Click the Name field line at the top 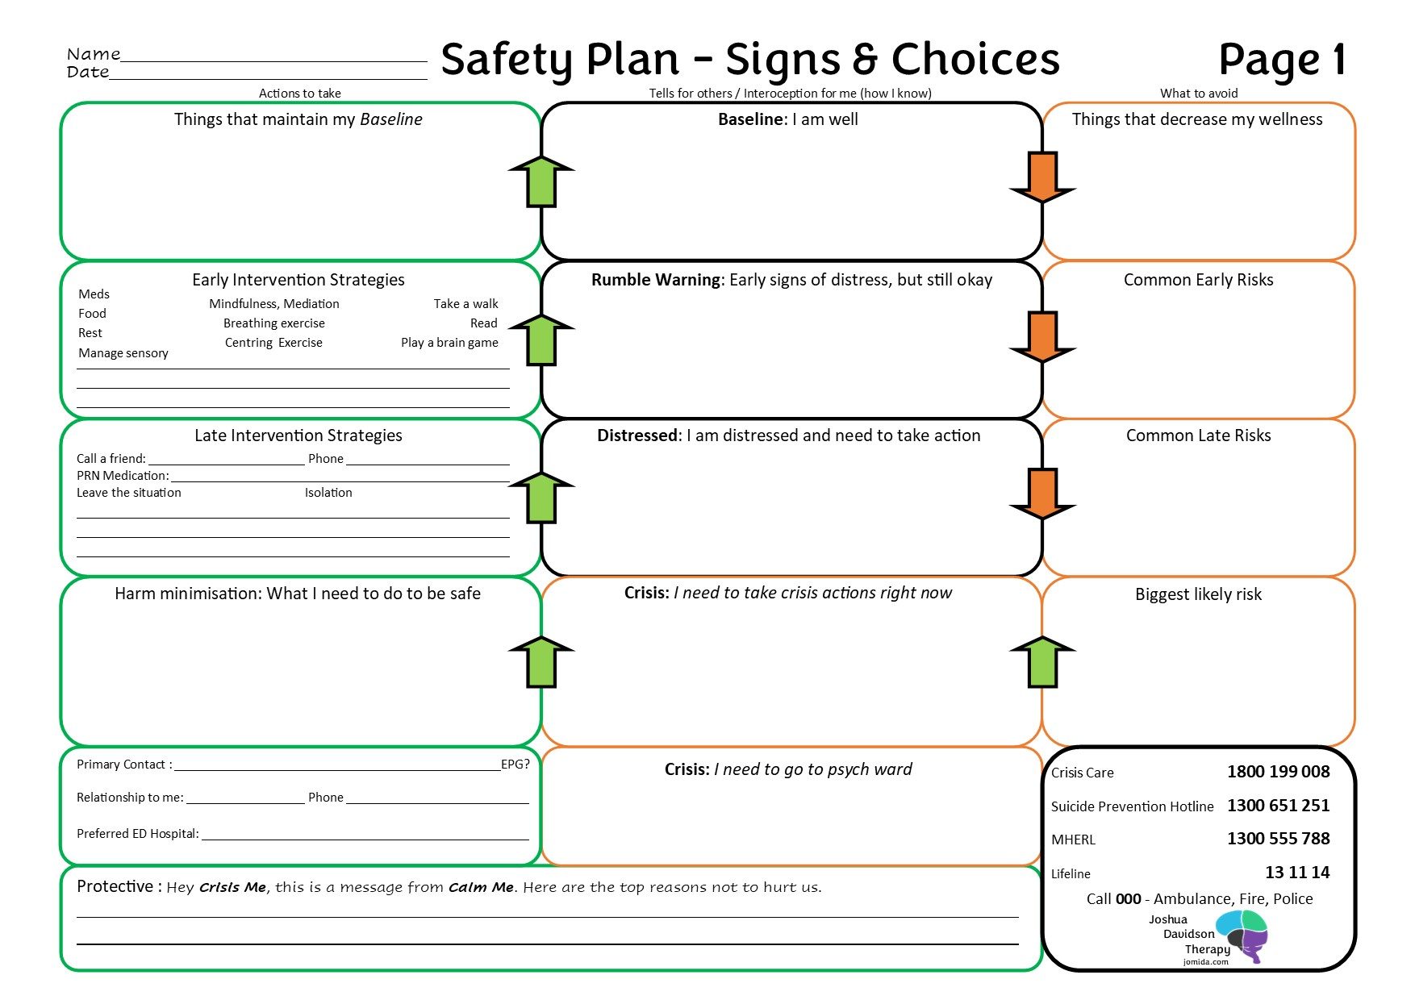[x=274, y=60]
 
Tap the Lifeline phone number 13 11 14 [x=1297, y=872]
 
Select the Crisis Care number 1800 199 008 [x=1279, y=772]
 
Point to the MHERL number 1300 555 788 [x=1279, y=839]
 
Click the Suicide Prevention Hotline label [x=1132, y=806]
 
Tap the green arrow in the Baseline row [x=541, y=181]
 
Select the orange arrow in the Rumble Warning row [x=1042, y=337]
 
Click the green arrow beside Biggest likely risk [x=1042, y=662]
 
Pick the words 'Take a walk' [x=465, y=304]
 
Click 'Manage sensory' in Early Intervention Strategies [x=123, y=353]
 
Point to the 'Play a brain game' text [x=449, y=343]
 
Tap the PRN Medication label [x=123, y=476]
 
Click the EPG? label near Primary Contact [x=515, y=764]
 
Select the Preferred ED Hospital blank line [x=365, y=840]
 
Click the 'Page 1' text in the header [x=1282, y=60]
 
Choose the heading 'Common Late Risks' [x=1198, y=435]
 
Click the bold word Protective [x=115, y=886]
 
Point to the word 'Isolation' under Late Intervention [x=328, y=493]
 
